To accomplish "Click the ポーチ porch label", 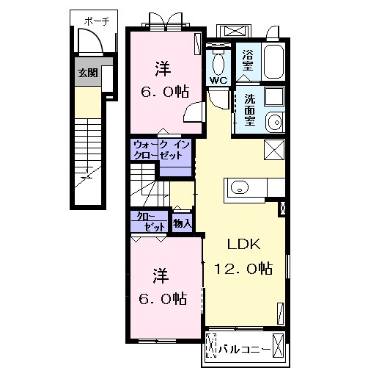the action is tap(97, 21).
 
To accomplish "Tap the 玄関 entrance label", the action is tap(88, 73).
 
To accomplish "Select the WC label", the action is tap(218, 81).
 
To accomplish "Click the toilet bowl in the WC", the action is tap(218, 64).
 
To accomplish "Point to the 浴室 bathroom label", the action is tap(248, 60).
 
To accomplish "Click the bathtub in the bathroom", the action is tap(273, 62).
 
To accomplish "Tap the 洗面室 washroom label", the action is tap(250, 110).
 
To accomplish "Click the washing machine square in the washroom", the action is tap(274, 96).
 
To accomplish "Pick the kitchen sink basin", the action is tap(240, 187).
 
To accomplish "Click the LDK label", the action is tap(243, 244).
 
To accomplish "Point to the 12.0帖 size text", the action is tap(243, 268).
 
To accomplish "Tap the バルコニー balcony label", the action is tap(244, 349).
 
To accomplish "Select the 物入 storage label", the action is tap(183, 223).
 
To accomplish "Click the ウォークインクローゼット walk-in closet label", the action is tap(162, 150).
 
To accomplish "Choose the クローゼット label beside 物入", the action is tap(150, 223).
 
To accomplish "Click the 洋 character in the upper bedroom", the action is tap(163, 69).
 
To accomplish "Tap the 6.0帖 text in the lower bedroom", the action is tap(163, 298).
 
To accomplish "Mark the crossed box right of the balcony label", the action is tap(278, 346).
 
